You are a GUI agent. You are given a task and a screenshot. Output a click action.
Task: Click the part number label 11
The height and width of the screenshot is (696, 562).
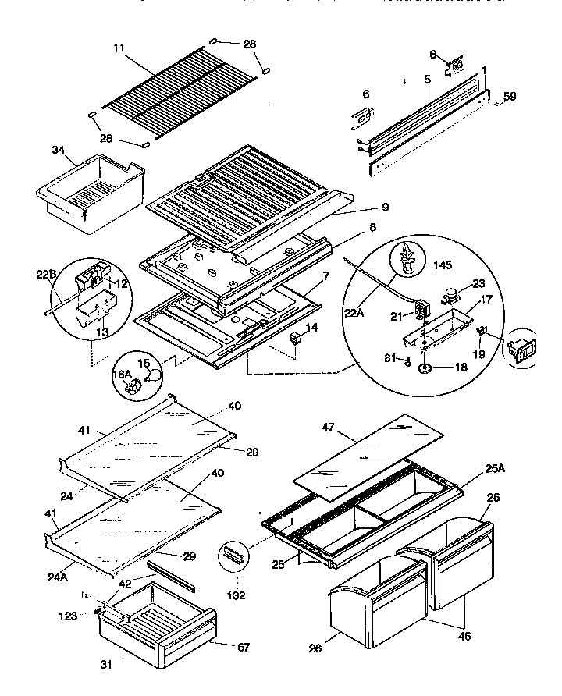pyautogui.click(x=119, y=48)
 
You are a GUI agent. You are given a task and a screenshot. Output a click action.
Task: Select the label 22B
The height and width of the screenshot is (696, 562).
pyautogui.click(x=47, y=273)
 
